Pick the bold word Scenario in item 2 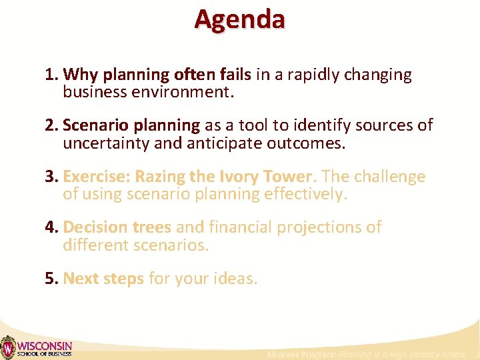(x=96, y=125)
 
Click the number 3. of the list (x=52, y=177)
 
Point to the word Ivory (x=243, y=177)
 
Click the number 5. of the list (x=52, y=278)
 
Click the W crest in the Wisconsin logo (x=8, y=347)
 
